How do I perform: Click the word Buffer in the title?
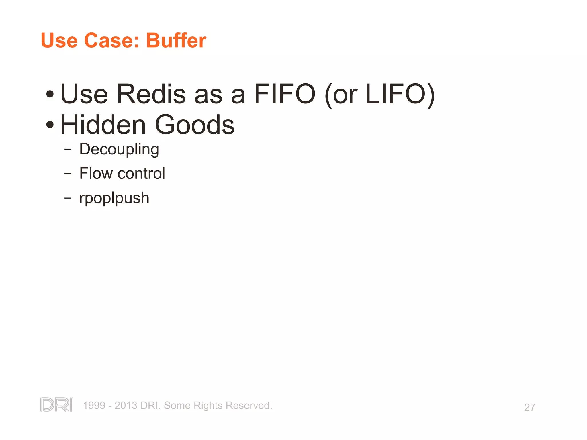176,40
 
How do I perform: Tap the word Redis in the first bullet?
151,94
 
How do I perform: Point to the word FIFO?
285,94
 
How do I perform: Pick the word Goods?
195,125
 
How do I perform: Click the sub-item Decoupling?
119,150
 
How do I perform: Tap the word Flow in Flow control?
96,173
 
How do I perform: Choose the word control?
141,173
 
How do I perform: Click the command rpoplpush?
114,198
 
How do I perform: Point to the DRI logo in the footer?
57,404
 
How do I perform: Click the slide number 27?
529,407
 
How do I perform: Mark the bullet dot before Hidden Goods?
50,125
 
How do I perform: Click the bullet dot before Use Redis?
50,94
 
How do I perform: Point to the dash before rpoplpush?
68,198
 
